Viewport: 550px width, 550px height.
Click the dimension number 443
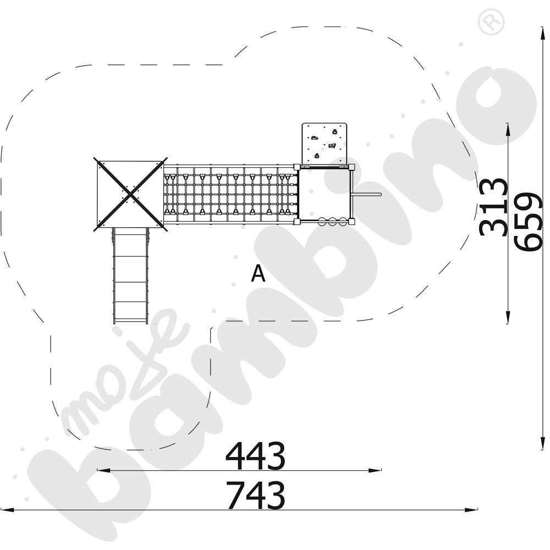[255, 455]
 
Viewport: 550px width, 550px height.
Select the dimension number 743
[255, 495]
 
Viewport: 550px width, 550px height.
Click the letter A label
[258, 273]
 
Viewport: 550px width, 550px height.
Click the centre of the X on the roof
[130, 194]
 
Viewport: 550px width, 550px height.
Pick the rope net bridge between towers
[230, 194]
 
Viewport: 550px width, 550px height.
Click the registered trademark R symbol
[491, 21]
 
